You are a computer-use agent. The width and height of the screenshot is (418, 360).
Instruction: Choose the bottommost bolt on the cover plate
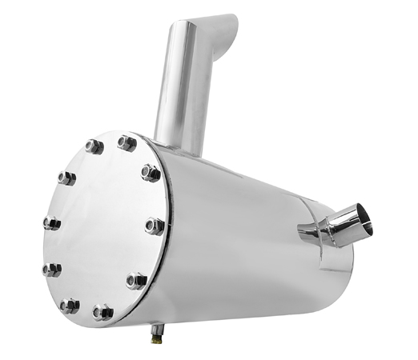pyautogui.click(x=102, y=311)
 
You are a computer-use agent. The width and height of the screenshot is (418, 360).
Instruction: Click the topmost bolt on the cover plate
pyautogui.click(x=127, y=143)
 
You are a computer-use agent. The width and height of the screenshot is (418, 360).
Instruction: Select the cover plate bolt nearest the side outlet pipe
pyautogui.click(x=155, y=226)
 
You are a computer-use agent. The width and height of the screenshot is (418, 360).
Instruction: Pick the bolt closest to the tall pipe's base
pyautogui.click(x=151, y=172)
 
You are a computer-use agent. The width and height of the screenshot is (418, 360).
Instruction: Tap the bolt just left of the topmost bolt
pyautogui.click(x=94, y=147)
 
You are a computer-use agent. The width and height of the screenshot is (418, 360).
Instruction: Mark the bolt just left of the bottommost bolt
pyautogui.click(x=70, y=305)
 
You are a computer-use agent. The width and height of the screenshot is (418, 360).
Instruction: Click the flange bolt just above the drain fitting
pyautogui.click(x=136, y=281)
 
